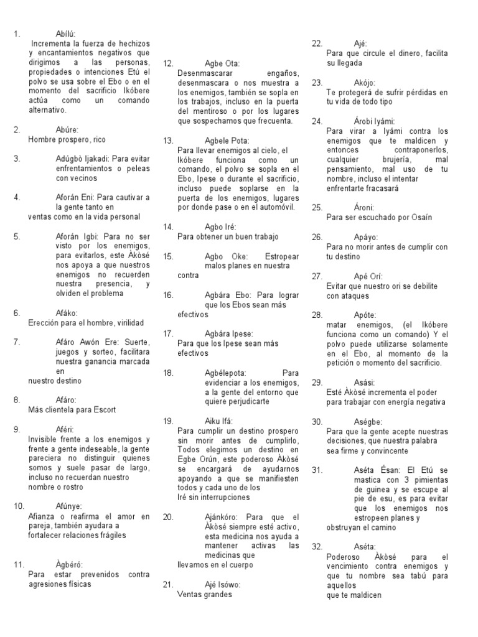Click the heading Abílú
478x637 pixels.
(x=67, y=34)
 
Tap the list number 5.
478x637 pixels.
(x=17, y=236)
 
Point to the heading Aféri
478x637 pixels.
(x=65, y=429)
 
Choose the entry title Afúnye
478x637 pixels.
(x=68, y=506)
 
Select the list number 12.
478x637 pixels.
(x=168, y=63)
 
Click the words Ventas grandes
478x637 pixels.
(x=204, y=594)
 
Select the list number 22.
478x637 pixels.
(x=317, y=44)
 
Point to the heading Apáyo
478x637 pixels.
(x=366, y=237)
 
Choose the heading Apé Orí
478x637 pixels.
(x=368, y=276)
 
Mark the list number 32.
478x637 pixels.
(x=317, y=546)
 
